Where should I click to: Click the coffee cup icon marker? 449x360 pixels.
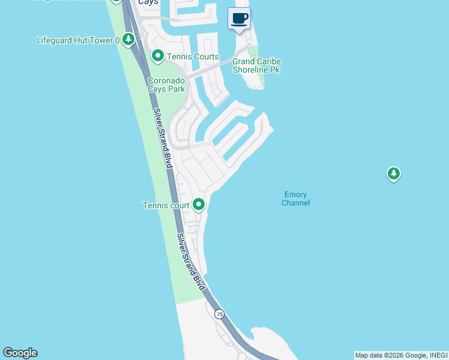point(240,18)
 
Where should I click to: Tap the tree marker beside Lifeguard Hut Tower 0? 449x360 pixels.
point(128,40)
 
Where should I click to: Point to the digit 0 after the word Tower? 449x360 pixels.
point(116,40)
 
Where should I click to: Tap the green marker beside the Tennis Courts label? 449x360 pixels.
point(158,56)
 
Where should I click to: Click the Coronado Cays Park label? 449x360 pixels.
point(166,84)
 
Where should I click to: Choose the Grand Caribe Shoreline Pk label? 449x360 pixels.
point(257,66)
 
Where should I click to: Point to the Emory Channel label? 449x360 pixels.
point(295,199)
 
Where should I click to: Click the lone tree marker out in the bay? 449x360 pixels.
point(393,174)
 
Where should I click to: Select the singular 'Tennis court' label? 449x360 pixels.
point(166,205)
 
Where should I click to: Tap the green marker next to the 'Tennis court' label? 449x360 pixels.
point(199,205)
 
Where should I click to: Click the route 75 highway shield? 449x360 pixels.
point(219,314)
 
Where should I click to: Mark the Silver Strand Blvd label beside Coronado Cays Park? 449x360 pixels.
point(161,136)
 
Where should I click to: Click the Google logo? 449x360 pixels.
point(20,353)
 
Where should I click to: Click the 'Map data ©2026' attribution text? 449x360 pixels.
point(378,355)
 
